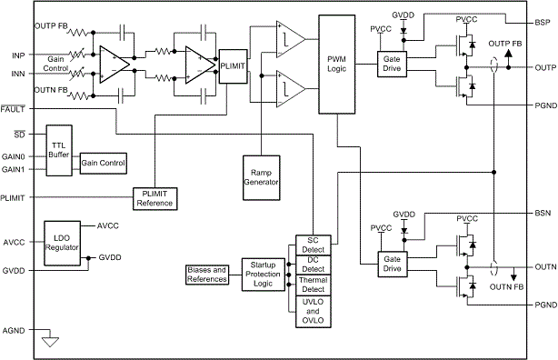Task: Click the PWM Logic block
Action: (x=336, y=65)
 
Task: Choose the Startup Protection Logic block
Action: (x=263, y=275)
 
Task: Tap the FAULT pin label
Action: (x=14, y=109)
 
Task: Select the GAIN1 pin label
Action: (x=14, y=169)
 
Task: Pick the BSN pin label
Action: (x=543, y=213)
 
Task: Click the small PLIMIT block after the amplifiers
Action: (x=232, y=66)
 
